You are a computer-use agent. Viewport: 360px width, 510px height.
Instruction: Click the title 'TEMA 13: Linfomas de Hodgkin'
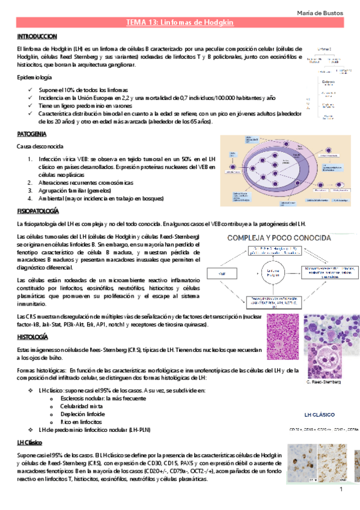tap(180, 22)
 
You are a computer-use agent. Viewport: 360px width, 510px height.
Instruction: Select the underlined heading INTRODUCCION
tap(37, 36)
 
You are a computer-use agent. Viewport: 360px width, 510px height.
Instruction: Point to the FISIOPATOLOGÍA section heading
tap(38, 212)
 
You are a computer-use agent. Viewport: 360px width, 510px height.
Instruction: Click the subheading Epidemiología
tap(35, 78)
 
